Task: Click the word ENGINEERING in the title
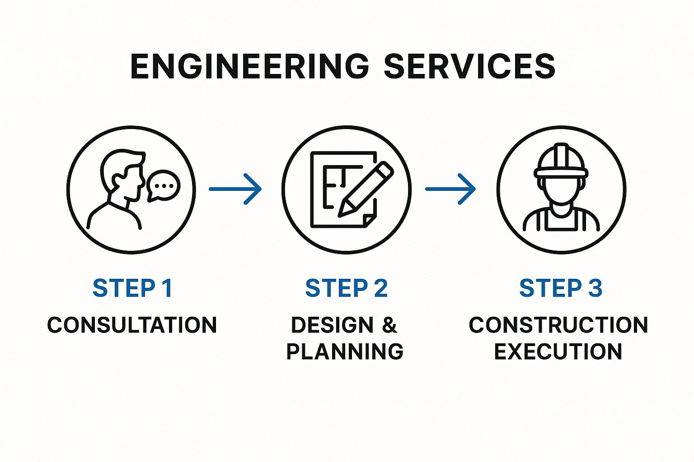(249, 66)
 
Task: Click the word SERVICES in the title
(469, 66)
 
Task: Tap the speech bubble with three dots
(163, 185)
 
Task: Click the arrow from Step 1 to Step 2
(235, 189)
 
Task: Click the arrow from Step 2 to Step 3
(450, 189)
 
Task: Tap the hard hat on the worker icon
(561, 162)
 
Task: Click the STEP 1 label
(132, 288)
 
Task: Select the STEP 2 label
(347, 288)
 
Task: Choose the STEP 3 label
(561, 288)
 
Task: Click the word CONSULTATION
(132, 325)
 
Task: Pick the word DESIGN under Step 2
(332, 325)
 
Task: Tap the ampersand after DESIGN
(389, 325)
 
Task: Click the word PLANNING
(345, 351)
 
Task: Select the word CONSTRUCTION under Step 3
(558, 325)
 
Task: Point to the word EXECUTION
(558, 351)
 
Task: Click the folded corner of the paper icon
(369, 220)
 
